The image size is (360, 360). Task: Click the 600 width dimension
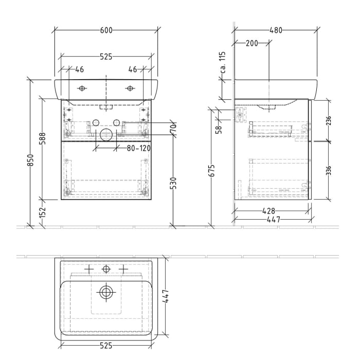[x=106, y=30]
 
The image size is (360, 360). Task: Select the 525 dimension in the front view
[x=106, y=57]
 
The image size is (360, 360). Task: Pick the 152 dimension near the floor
[x=43, y=212]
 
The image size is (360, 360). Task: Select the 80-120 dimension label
[x=138, y=148]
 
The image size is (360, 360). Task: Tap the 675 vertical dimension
[x=211, y=170]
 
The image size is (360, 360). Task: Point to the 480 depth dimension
[x=276, y=30]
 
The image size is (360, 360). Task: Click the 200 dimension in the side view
[x=251, y=43]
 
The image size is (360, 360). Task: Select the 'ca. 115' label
[x=223, y=63]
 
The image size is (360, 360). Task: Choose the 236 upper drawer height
[x=328, y=120]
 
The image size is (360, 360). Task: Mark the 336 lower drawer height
[x=328, y=170]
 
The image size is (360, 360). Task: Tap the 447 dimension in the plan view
[x=167, y=298]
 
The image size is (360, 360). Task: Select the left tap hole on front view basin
[x=81, y=88]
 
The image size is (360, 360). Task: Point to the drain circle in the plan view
[x=106, y=292]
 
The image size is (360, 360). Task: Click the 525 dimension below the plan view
[x=106, y=346]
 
